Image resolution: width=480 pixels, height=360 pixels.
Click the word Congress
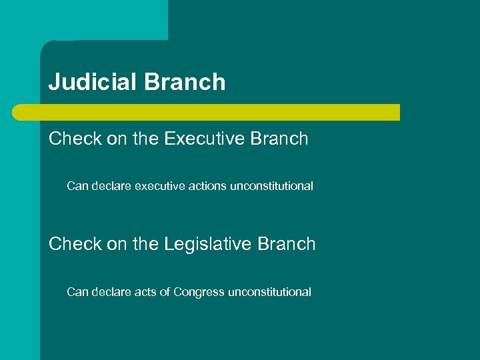(199, 292)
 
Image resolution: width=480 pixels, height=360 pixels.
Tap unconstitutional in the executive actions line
(271, 187)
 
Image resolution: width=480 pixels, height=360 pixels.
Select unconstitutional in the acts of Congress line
(269, 292)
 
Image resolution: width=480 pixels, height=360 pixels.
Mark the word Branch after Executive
(281, 139)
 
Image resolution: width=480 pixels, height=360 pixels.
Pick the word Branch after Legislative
(288, 245)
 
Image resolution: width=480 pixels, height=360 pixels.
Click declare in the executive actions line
(111, 187)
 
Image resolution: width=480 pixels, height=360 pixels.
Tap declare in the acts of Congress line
(111, 292)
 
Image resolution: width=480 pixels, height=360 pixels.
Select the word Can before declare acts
(77, 292)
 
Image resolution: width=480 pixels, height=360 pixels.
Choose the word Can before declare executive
(77, 187)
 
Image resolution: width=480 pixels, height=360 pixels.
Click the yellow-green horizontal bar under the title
(207, 112)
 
